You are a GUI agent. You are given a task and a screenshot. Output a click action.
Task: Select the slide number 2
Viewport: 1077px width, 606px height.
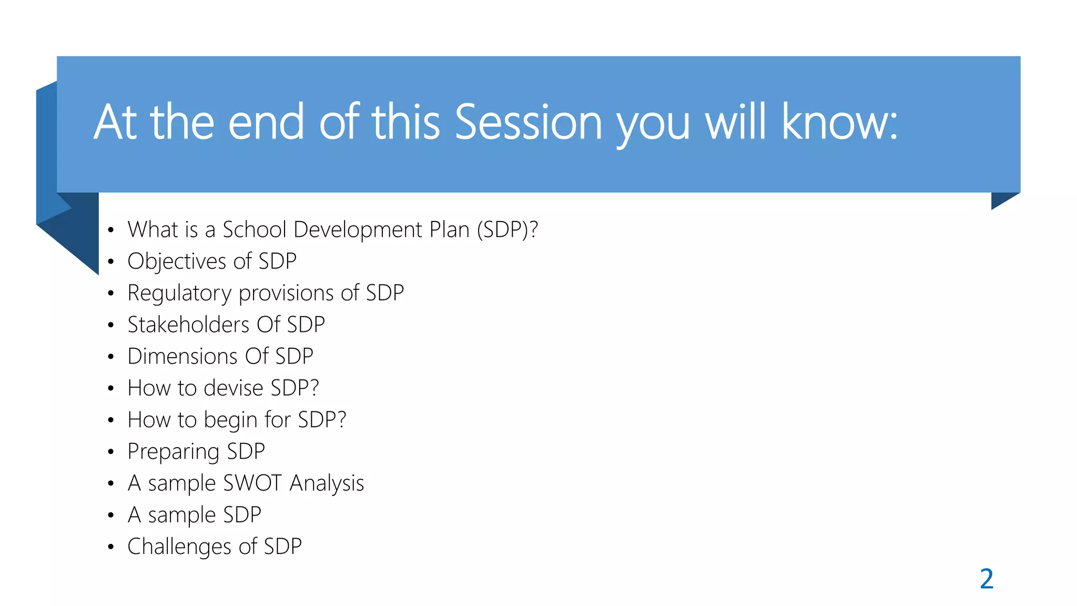(x=987, y=579)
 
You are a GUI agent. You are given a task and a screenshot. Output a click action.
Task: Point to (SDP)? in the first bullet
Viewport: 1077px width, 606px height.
(x=507, y=230)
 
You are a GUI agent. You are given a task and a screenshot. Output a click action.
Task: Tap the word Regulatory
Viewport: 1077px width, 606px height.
(x=179, y=293)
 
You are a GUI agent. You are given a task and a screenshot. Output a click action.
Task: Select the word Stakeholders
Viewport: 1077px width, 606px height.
(x=188, y=325)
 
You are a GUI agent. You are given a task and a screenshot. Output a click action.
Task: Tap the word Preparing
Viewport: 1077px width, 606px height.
(x=173, y=451)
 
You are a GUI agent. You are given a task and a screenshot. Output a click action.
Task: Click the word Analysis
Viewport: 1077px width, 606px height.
(x=327, y=483)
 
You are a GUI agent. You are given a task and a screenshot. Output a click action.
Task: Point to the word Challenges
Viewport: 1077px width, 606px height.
(x=179, y=547)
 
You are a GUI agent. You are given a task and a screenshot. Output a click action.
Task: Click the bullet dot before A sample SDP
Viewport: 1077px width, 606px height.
(x=110, y=515)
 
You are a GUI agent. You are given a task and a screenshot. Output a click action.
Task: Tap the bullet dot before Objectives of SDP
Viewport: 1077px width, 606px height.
(x=110, y=261)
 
